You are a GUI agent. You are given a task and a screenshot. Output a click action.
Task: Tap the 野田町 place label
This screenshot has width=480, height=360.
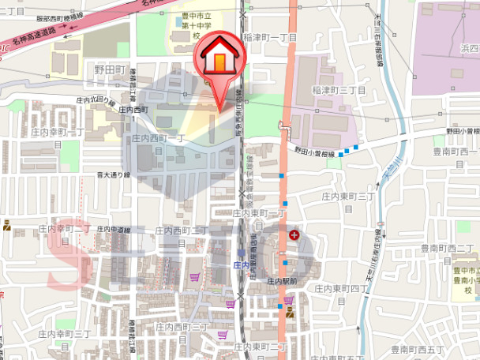tap(110, 69)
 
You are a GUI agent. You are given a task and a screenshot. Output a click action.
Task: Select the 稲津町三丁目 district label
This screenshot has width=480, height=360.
tap(339, 91)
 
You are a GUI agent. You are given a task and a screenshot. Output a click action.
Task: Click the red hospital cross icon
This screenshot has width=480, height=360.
tap(295, 234)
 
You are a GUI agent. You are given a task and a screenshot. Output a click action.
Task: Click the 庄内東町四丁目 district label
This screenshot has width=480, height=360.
tap(342, 289)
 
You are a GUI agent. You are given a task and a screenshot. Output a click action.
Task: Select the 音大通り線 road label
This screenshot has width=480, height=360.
tap(113, 174)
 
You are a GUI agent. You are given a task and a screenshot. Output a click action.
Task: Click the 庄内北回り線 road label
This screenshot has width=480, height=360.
tap(96, 101)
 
